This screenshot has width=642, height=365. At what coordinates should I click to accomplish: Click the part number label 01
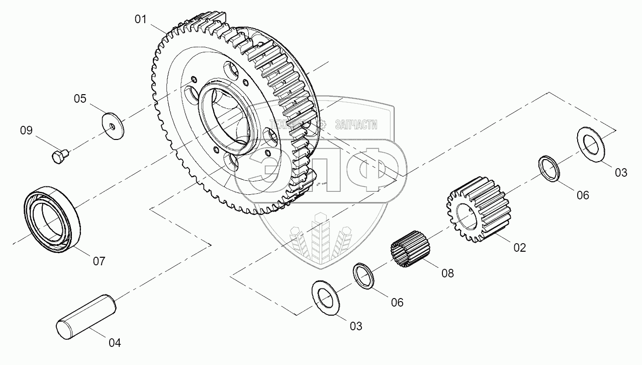[140, 20]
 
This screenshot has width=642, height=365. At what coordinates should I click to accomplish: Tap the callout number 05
[80, 99]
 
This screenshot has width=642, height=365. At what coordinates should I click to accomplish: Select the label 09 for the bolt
[26, 131]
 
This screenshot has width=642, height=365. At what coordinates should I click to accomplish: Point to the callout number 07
[99, 261]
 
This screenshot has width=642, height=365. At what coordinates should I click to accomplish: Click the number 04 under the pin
[115, 343]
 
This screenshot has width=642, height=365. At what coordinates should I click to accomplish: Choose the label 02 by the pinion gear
[519, 247]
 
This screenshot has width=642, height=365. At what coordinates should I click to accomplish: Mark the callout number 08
[447, 273]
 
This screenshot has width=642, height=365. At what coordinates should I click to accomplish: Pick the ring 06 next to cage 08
[365, 275]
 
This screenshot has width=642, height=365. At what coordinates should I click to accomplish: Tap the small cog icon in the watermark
[323, 124]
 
